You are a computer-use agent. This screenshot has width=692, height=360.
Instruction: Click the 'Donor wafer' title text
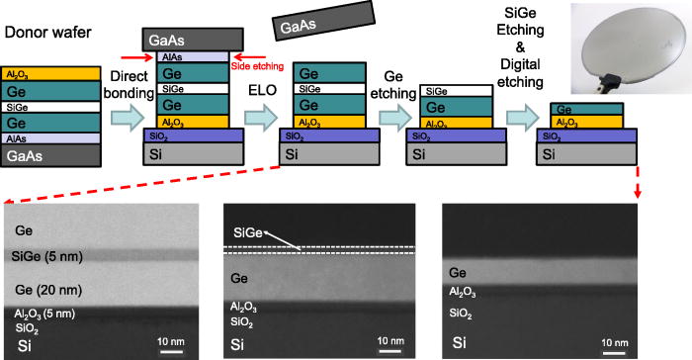tap(49, 32)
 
